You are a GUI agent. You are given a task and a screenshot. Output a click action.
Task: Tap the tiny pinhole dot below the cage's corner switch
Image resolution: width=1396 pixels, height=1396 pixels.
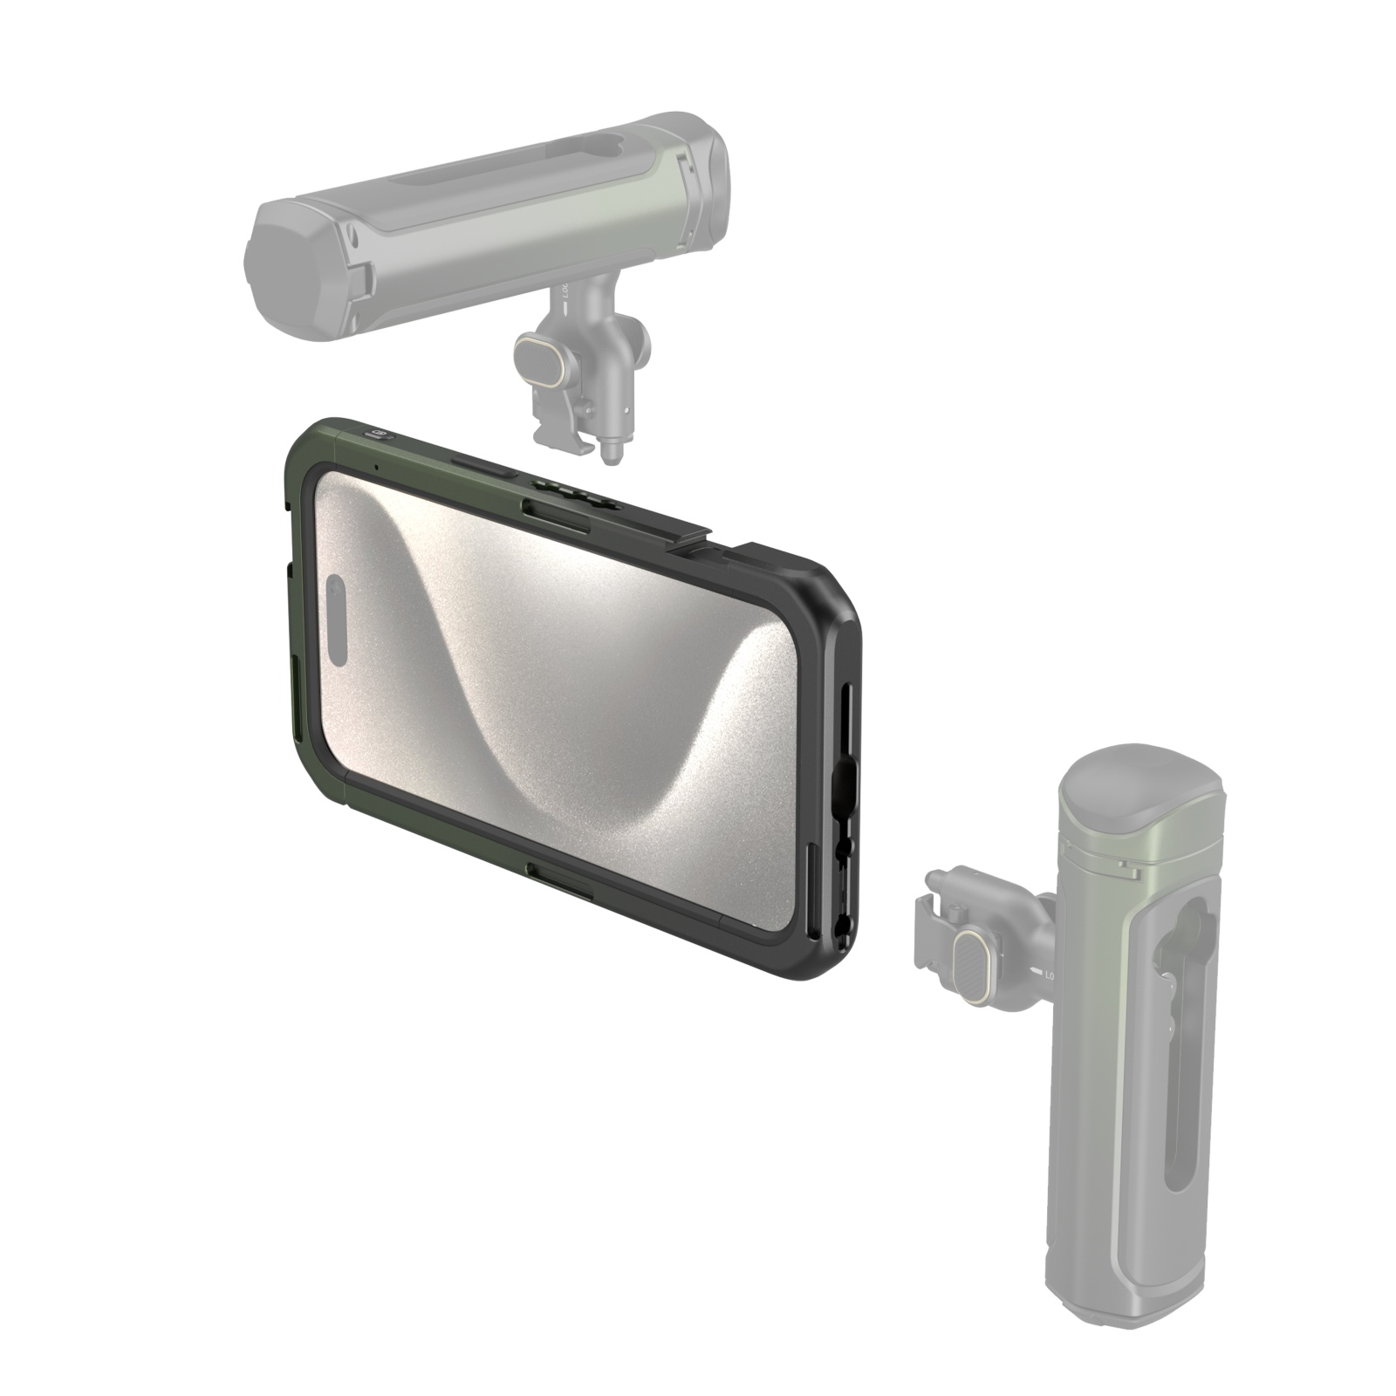[376, 466]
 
